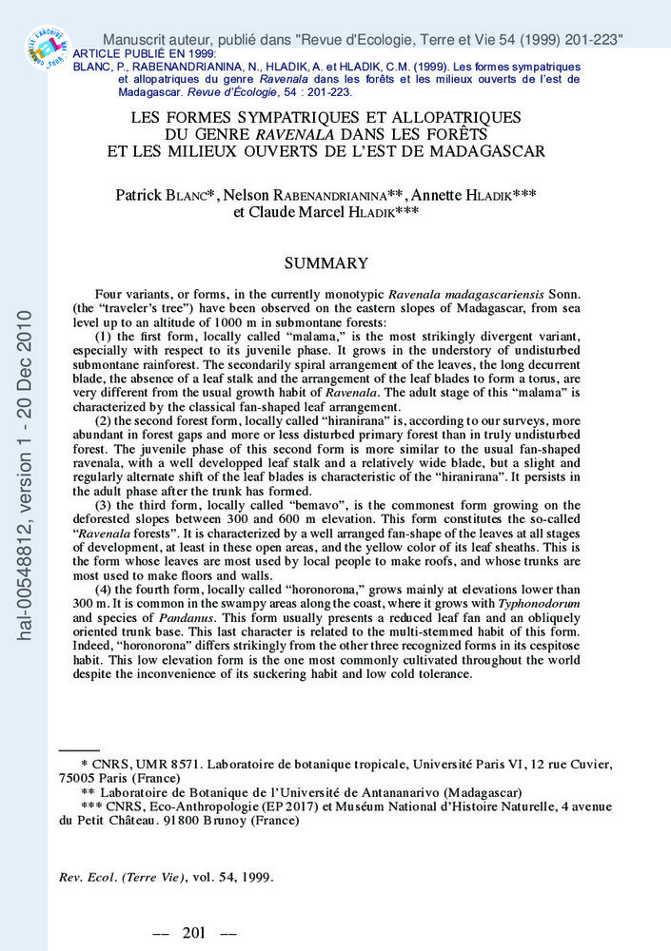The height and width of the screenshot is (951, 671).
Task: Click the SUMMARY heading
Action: coord(326,262)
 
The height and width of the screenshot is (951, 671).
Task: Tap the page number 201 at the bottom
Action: coord(194,932)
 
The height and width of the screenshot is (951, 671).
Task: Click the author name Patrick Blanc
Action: coord(161,195)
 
